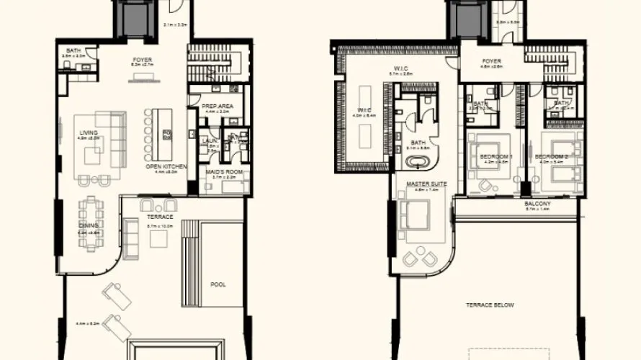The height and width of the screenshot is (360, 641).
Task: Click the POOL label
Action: click(x=218, y=284)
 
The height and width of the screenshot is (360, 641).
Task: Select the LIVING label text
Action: click(x=89, y=132)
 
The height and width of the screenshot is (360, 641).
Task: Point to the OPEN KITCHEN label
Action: click(x=166, y=166)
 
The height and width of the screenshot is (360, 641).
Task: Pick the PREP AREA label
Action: click(x=216, y=107)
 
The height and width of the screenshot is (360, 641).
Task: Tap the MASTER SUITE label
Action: click(x=426, y=184)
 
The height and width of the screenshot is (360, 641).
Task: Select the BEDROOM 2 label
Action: click(x=552, y=156)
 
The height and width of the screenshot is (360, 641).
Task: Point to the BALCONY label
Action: click(x=537, y=204)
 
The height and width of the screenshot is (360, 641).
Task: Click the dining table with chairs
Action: click(x=91, y=219)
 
